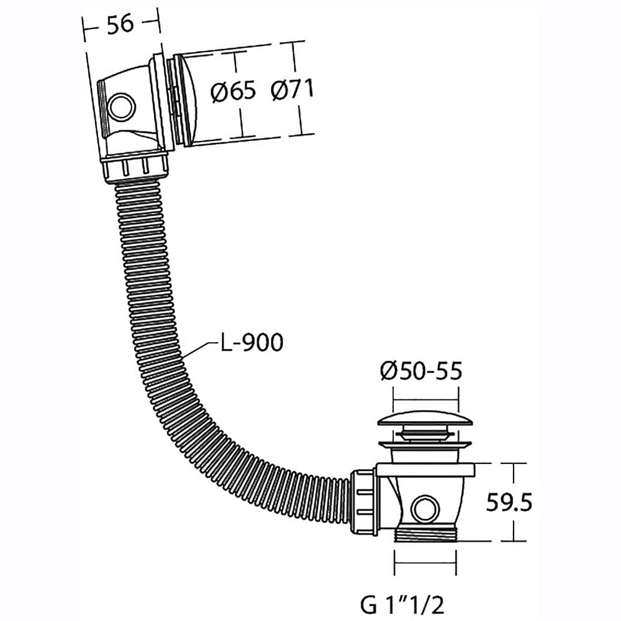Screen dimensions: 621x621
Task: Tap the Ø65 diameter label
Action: point(233,92)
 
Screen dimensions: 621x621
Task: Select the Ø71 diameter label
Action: point(292,89)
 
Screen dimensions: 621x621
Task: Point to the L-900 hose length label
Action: point(252,342)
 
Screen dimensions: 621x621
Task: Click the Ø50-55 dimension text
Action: point(421,371)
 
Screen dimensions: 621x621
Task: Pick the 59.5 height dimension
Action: point(509,502)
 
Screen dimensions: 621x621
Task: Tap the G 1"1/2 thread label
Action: point(402,604)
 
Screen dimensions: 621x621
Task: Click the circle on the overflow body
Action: point(122,107)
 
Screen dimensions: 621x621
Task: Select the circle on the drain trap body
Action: point(425,509)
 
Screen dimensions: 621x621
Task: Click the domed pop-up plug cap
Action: point(425,419)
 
